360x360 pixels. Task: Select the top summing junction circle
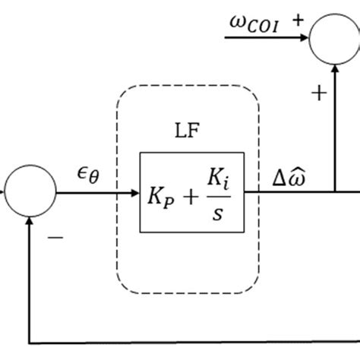(x=335, y=39)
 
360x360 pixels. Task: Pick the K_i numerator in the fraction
(x=218, y=180)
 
